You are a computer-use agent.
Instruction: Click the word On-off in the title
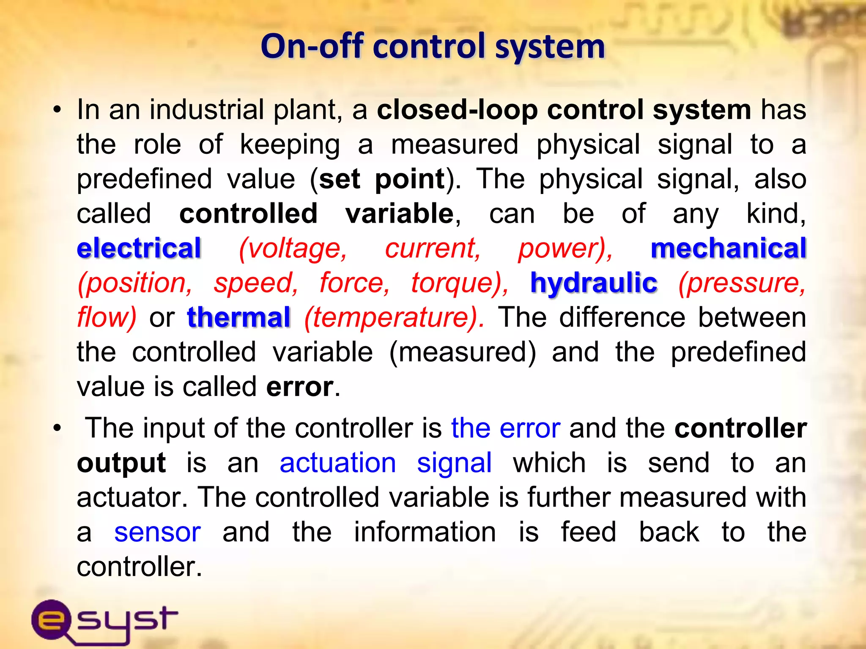(312, 46)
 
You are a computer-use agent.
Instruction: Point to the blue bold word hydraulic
(594, 283)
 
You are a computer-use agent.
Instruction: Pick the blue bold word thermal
(238, 317)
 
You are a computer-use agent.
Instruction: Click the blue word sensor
(157, 532)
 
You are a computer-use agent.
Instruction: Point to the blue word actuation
(337, 463)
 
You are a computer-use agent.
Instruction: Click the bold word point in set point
(410, 179)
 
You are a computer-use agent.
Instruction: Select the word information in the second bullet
(425, 532)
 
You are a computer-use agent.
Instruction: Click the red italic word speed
(255, 283)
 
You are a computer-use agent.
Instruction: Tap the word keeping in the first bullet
(290, 145)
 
